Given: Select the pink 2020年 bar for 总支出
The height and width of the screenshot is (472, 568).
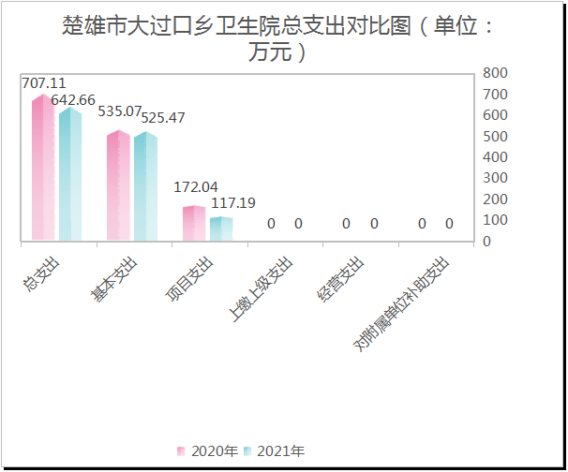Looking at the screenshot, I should [43, 169].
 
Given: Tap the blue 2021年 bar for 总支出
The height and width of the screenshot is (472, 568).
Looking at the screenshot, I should [70, 175].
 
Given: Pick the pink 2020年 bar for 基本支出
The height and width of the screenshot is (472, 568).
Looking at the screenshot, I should [118, 186].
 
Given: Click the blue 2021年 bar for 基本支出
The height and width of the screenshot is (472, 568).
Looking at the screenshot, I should [145, 187].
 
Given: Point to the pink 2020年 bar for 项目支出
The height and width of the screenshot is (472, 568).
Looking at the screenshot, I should [193, 223].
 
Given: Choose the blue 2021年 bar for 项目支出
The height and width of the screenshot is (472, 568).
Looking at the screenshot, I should [221, 229].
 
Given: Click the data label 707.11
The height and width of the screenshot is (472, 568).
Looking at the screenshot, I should [44, 83].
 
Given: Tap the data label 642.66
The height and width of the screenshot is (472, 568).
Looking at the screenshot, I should [73, 100].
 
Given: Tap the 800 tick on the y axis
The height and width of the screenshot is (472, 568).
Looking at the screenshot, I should [495, 73].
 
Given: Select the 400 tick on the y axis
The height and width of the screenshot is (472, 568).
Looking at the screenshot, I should [495, 157].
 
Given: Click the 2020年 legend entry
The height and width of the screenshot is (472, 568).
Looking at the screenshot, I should [208, 451].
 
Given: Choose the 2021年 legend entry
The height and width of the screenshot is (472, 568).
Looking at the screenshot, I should [275, 451].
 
